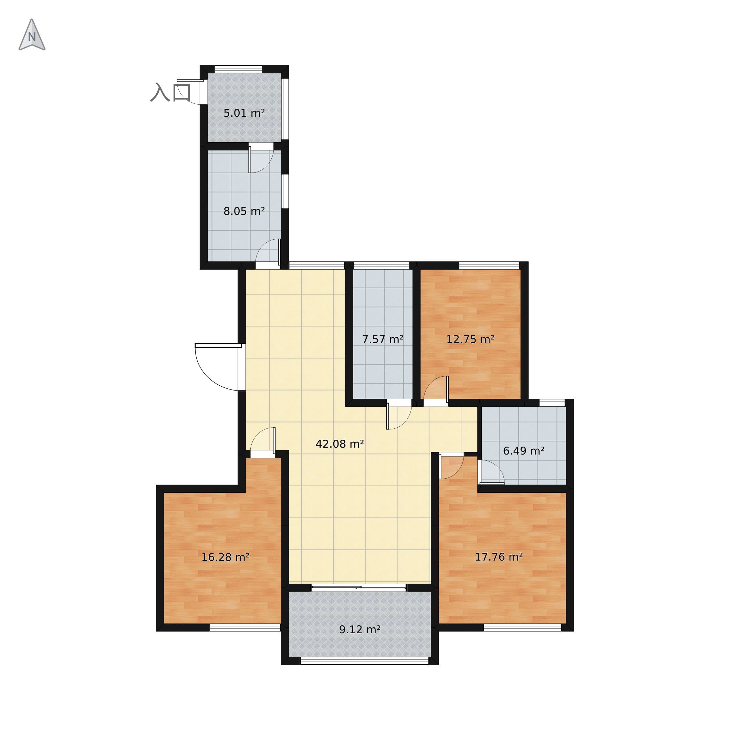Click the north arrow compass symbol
[x=32, y=35]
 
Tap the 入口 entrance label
[x=170, y=92]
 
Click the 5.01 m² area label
[x=244, y=113]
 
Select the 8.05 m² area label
[x=244, y=211]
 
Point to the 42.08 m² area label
[x=340, y=444]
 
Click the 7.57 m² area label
[x=383, y=339]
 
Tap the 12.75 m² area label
[x=470, y=339]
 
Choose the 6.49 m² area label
[x=524, y=451]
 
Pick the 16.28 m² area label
[x=225, y=557]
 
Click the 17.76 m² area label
[x=499, y=557]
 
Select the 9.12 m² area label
[x=360, y=629]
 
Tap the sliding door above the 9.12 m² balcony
[x=358, y=587]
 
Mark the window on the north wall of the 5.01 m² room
[x=238, y=69]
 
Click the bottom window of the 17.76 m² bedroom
[x=523, y=628]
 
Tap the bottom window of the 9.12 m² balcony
[x=365, y=661]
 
